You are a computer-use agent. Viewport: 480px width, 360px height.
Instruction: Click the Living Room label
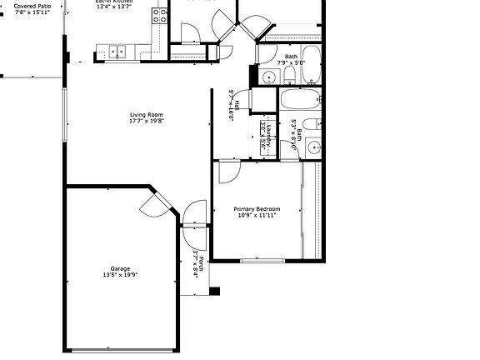pyautogui.click(x=146, y=114)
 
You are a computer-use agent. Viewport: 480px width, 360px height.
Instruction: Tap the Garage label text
pyautogui.click(x=120, y=268)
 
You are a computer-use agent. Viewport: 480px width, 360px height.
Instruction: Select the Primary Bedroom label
pyautogui.click(x=256, y=208)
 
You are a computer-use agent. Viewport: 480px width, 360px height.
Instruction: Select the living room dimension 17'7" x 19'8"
pyautogui.click(x=146, y=121)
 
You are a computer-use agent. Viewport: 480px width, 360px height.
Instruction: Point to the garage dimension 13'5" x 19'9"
pyautogui.click(x=120, y=275)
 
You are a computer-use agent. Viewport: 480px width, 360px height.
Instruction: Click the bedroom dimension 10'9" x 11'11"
pyautogui.click(x=256, y=215)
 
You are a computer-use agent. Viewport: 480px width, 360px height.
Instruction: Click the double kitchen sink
pyautogui.click(x=117, y=52)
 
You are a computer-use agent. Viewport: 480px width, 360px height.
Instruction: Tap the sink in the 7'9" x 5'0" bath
pyautogui.click(x=268, y=77)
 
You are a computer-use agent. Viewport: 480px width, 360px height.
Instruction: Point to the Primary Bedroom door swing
pyautogui.click(x=227, y=172)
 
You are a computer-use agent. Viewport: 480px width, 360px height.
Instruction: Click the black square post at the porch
pyautogui.click(x=214, y=292)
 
